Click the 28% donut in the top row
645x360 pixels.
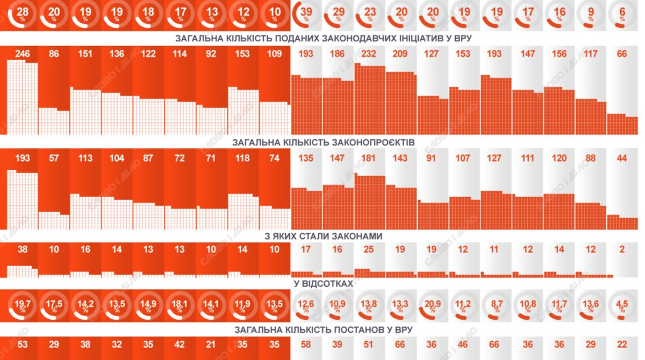click(22, 16)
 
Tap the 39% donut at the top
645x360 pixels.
click(306, 16)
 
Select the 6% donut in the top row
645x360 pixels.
click(622, 16)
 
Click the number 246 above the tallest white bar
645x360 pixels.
click(22, 54)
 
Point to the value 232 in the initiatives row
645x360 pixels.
click(369, 54)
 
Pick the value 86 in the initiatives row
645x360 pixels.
click(54, 54)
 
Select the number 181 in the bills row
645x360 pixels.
click(369, 159)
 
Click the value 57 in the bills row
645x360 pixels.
click(54, 159)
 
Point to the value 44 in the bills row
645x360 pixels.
click(622, 159)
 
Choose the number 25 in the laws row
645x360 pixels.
click(369, 249)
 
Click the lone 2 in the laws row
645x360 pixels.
click(622, 249)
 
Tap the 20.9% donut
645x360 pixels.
click(433, 305)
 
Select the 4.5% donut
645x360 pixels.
click(622, 305)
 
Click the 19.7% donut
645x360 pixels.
click(22, 305)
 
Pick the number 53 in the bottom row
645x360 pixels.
click(22, 344)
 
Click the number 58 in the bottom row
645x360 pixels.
click(306, 344)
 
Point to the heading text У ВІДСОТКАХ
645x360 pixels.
click(322, 283)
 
